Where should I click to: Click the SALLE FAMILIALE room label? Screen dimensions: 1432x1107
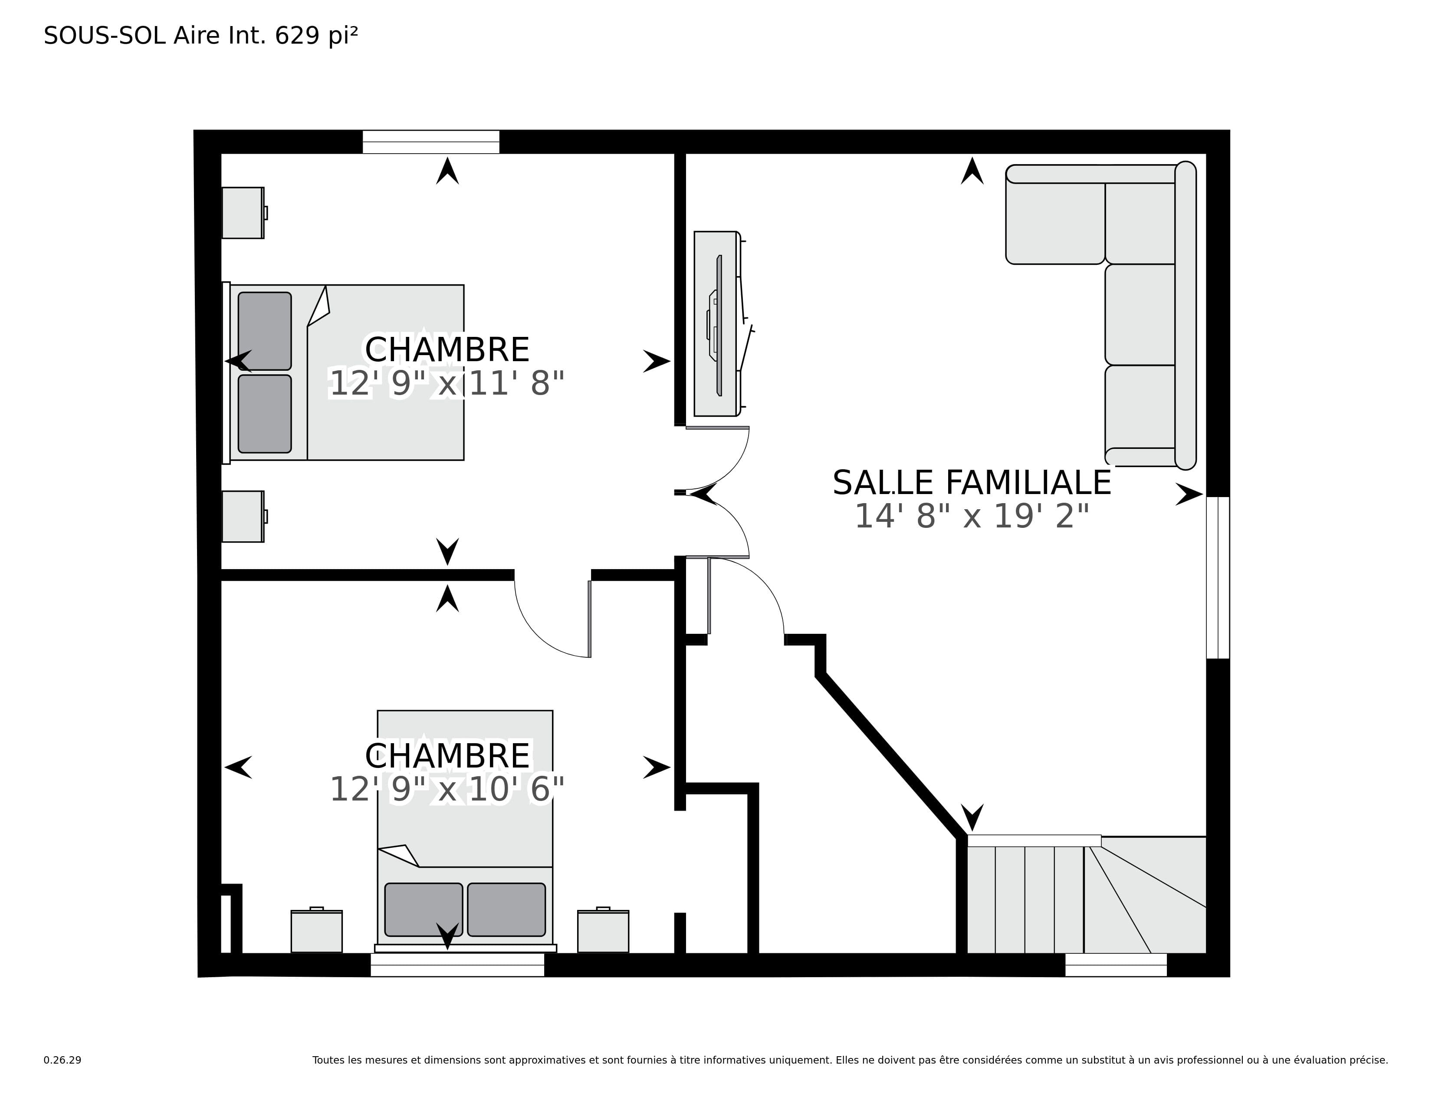coord(972,483)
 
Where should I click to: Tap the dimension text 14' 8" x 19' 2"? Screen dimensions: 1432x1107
coord(972,516)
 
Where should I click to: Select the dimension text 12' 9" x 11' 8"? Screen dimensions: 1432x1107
coord(447,384)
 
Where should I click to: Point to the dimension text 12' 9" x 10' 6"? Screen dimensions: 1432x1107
coord(447,790)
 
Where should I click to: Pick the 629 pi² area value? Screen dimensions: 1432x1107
coord(317,36)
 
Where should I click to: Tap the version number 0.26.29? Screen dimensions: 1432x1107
coord(62,1060)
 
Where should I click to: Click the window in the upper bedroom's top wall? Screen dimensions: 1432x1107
coord(431,142)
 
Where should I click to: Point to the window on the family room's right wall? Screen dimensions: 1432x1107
coord(1218,577)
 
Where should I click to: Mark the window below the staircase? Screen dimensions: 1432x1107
coord(1116,965)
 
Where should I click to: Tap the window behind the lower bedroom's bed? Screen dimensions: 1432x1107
coord(457,965)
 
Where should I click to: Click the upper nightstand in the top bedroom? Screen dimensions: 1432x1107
coord(243,212)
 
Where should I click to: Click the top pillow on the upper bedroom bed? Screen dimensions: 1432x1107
coord(265,331)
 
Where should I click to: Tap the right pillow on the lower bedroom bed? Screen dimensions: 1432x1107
coord(506,909)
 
